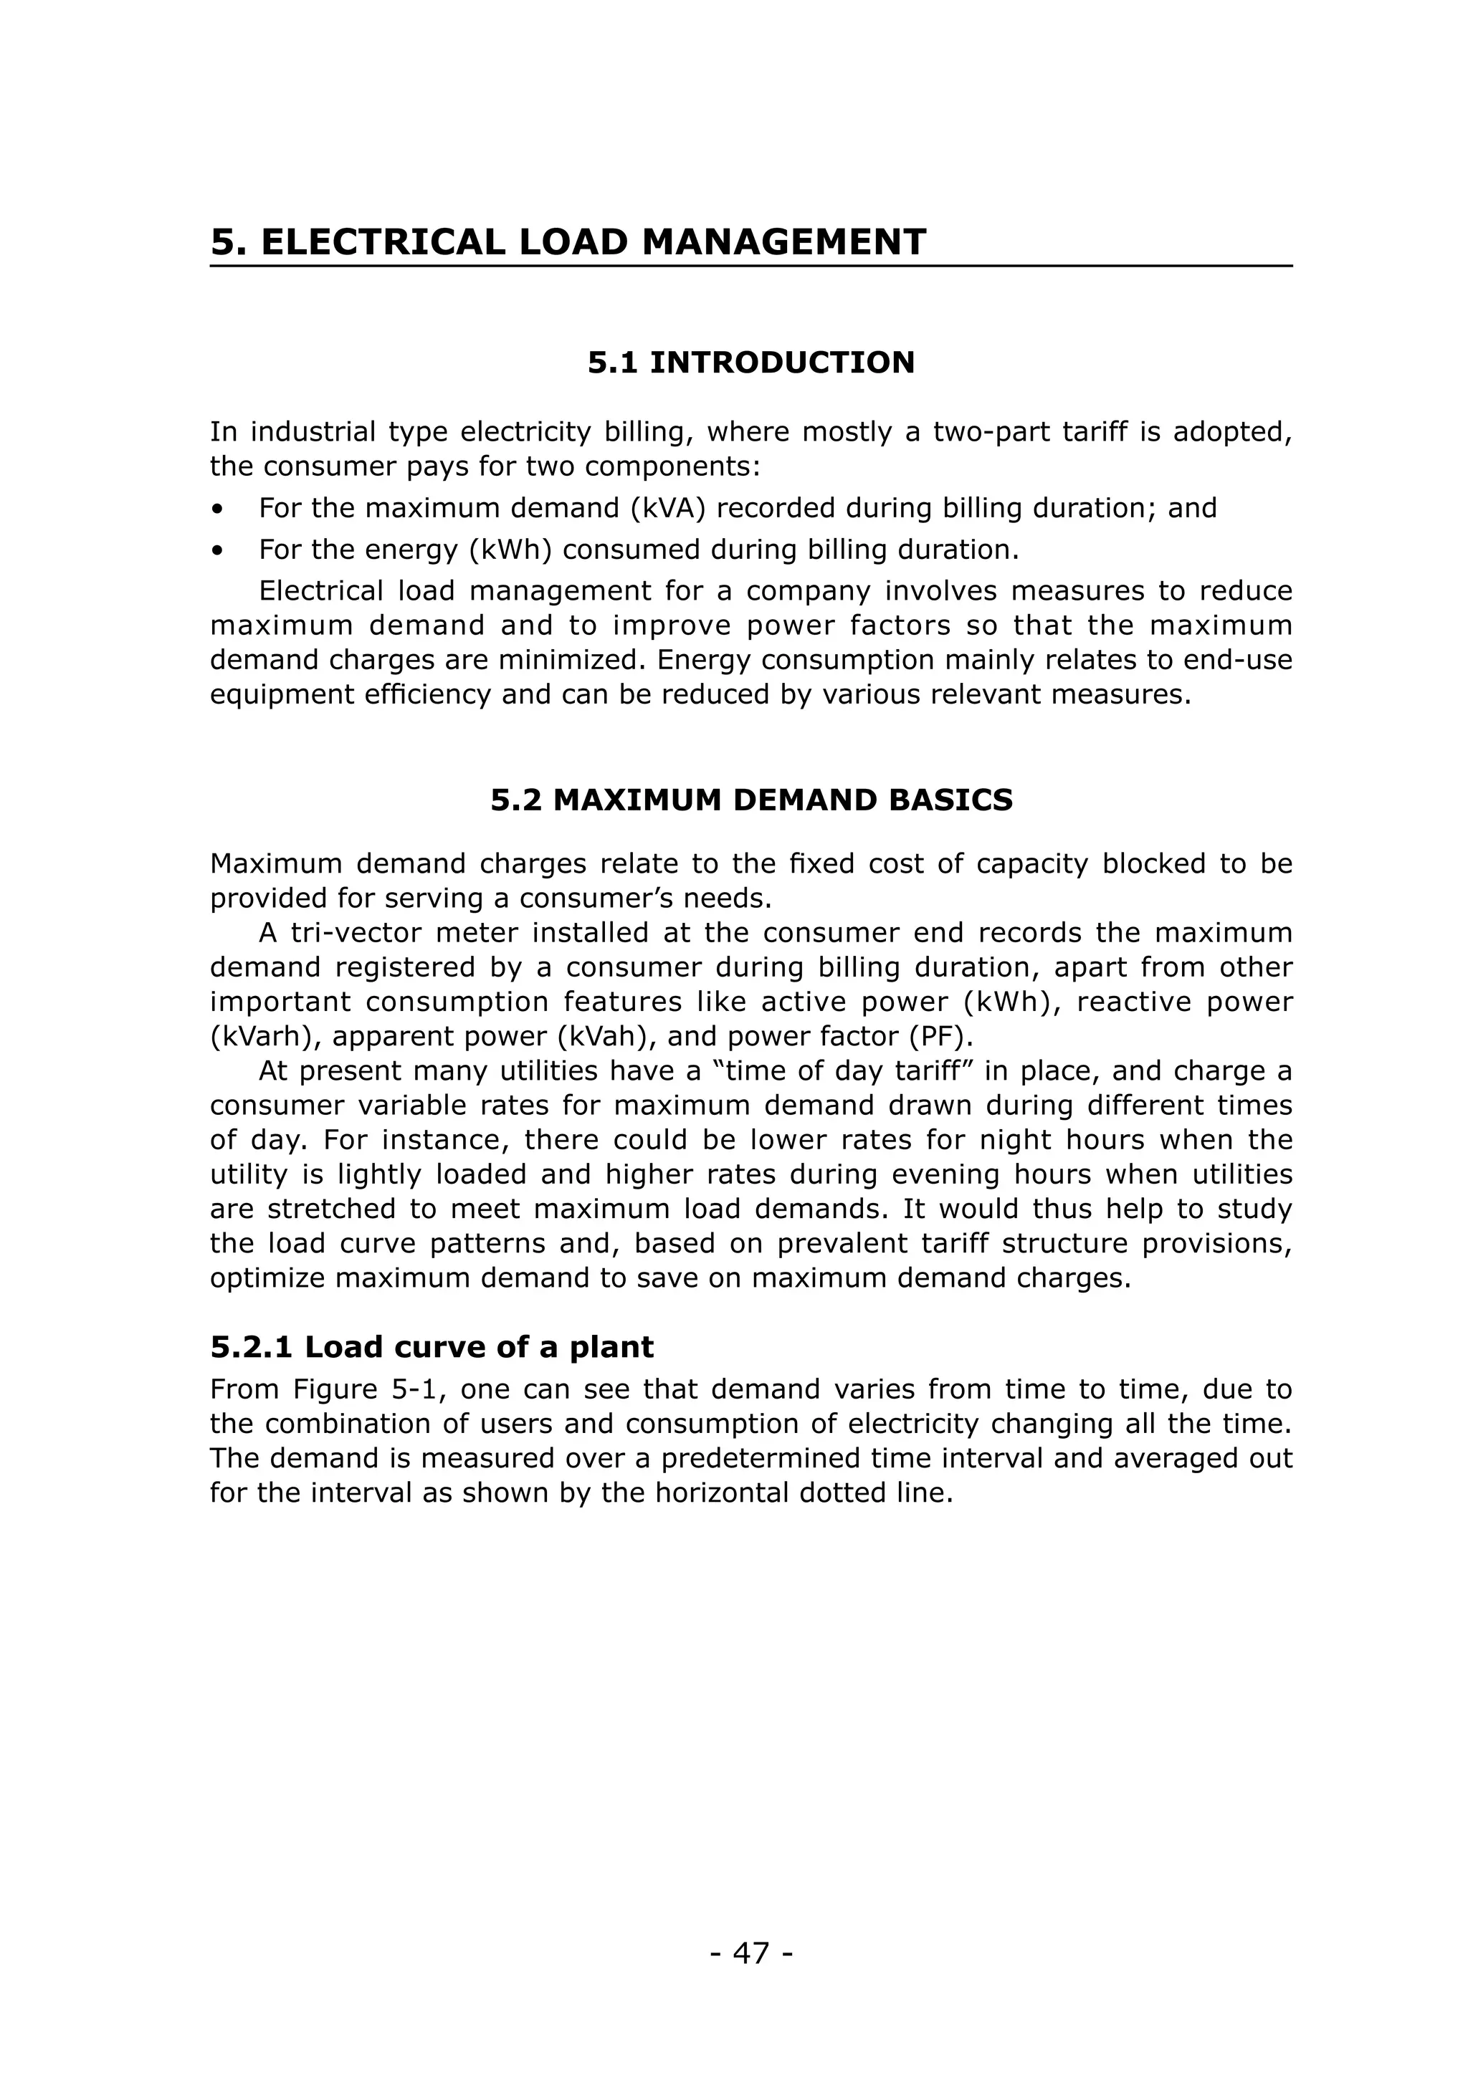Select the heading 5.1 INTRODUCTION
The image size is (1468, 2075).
pyautogui.click(x=751, y=363)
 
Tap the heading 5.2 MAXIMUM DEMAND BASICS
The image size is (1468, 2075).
pyautogui.click(x=751, y=800)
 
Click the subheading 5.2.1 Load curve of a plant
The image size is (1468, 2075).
pyautogui.click(x=432, y=1348)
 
